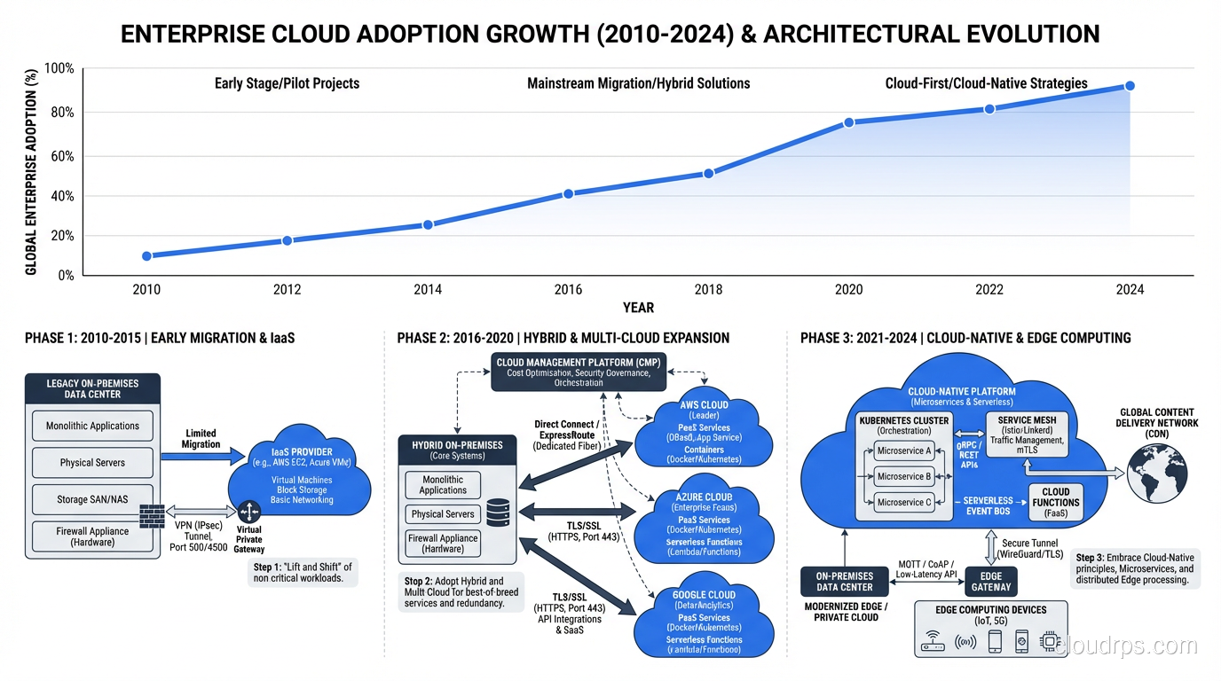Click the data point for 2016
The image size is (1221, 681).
[568, 193]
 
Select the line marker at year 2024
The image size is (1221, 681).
[1130, 86]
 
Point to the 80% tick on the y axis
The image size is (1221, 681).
[60, 113]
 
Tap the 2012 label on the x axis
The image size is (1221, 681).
[287, 290]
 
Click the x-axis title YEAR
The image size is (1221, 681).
[638, 308]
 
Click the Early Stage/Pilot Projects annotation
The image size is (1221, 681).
[287, 83]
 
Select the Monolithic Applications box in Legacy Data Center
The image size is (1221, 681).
[92, 426]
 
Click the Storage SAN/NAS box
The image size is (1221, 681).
[92, 499]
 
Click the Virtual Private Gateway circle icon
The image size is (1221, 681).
[248, 512]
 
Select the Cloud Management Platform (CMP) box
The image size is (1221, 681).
[579, 372]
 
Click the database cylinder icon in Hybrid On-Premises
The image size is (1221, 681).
[498, 512]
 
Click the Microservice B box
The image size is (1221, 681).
[903, 476]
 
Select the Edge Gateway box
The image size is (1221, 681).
[990, 582]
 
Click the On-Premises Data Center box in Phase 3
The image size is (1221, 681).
[844, 582]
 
